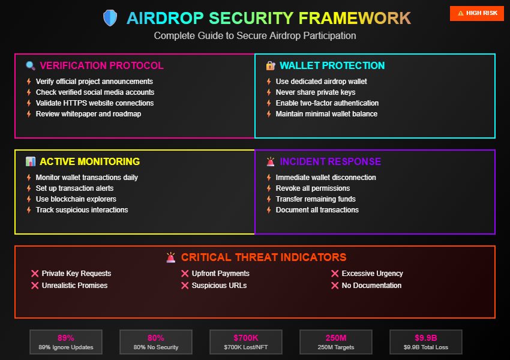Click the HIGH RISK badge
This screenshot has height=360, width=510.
click(477, 13)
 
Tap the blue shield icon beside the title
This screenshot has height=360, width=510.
click(110, 18)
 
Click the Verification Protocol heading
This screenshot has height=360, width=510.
click(101, 66)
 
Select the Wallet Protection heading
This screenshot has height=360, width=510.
click(332, 66)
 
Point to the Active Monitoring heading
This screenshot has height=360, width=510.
click(89, 162)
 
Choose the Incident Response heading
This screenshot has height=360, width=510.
click(330, 162)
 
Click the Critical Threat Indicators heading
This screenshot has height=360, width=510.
click(263, 257)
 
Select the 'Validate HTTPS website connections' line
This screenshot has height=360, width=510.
click(95, 103)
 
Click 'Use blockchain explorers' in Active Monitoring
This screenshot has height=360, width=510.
click(76, 199)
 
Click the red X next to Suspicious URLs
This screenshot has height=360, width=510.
click(185, 286)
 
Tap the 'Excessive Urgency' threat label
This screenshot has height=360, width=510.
click(372, 274)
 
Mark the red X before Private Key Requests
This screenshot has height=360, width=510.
click(35, 274)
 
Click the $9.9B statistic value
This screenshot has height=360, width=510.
click(426, 338)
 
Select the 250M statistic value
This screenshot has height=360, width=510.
click(336, 338)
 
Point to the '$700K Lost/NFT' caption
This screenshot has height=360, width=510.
click(246, 347)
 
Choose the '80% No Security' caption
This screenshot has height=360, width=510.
click(156, 347)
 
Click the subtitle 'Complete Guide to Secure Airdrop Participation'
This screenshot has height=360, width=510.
click(255, 36)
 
